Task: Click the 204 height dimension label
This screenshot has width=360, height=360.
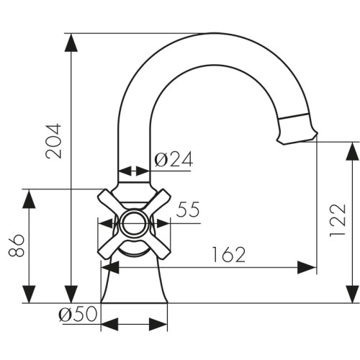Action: click(53, 141)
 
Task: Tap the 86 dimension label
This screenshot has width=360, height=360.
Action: click(17, 246)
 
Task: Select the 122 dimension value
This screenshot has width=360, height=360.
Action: click(338, 220)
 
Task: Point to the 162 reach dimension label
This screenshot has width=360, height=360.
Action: click(229, 254)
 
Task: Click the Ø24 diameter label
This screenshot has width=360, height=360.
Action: click(174, 159)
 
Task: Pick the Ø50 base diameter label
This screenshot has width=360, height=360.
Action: click(78, 314)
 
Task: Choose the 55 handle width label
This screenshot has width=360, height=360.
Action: click(188, 210)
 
